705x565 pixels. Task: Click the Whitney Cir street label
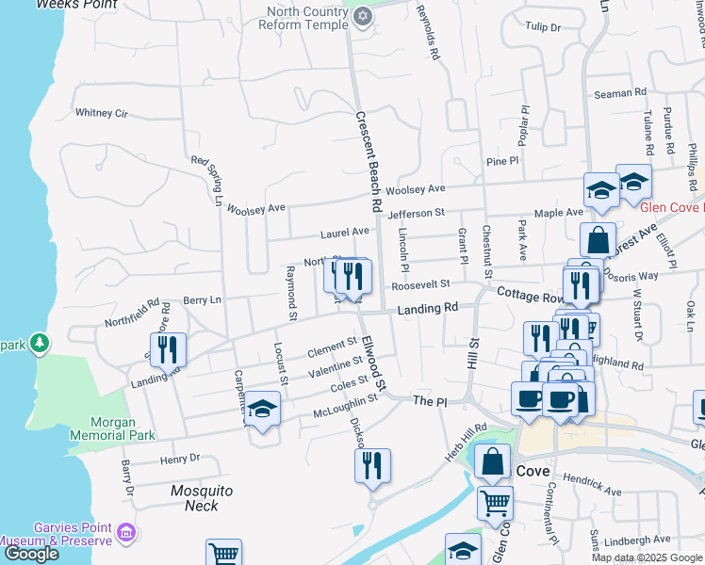tap(101, 113)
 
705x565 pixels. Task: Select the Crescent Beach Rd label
tap(368, 160)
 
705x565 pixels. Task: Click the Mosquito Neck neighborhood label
tap(201, 498)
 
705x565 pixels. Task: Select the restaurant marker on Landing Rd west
tap(168, 349)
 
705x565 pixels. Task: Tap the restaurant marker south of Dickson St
tap(372, 464)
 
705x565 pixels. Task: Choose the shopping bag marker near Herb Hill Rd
tap(492, 460)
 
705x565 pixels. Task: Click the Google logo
tap(30, 555)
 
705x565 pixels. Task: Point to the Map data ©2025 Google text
tap(647, 557)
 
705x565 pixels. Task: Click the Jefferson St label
tap(415, 215)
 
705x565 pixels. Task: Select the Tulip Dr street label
tap(543, 27)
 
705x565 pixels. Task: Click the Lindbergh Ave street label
tap(637, 540)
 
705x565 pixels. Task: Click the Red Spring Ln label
tap(205, 180)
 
